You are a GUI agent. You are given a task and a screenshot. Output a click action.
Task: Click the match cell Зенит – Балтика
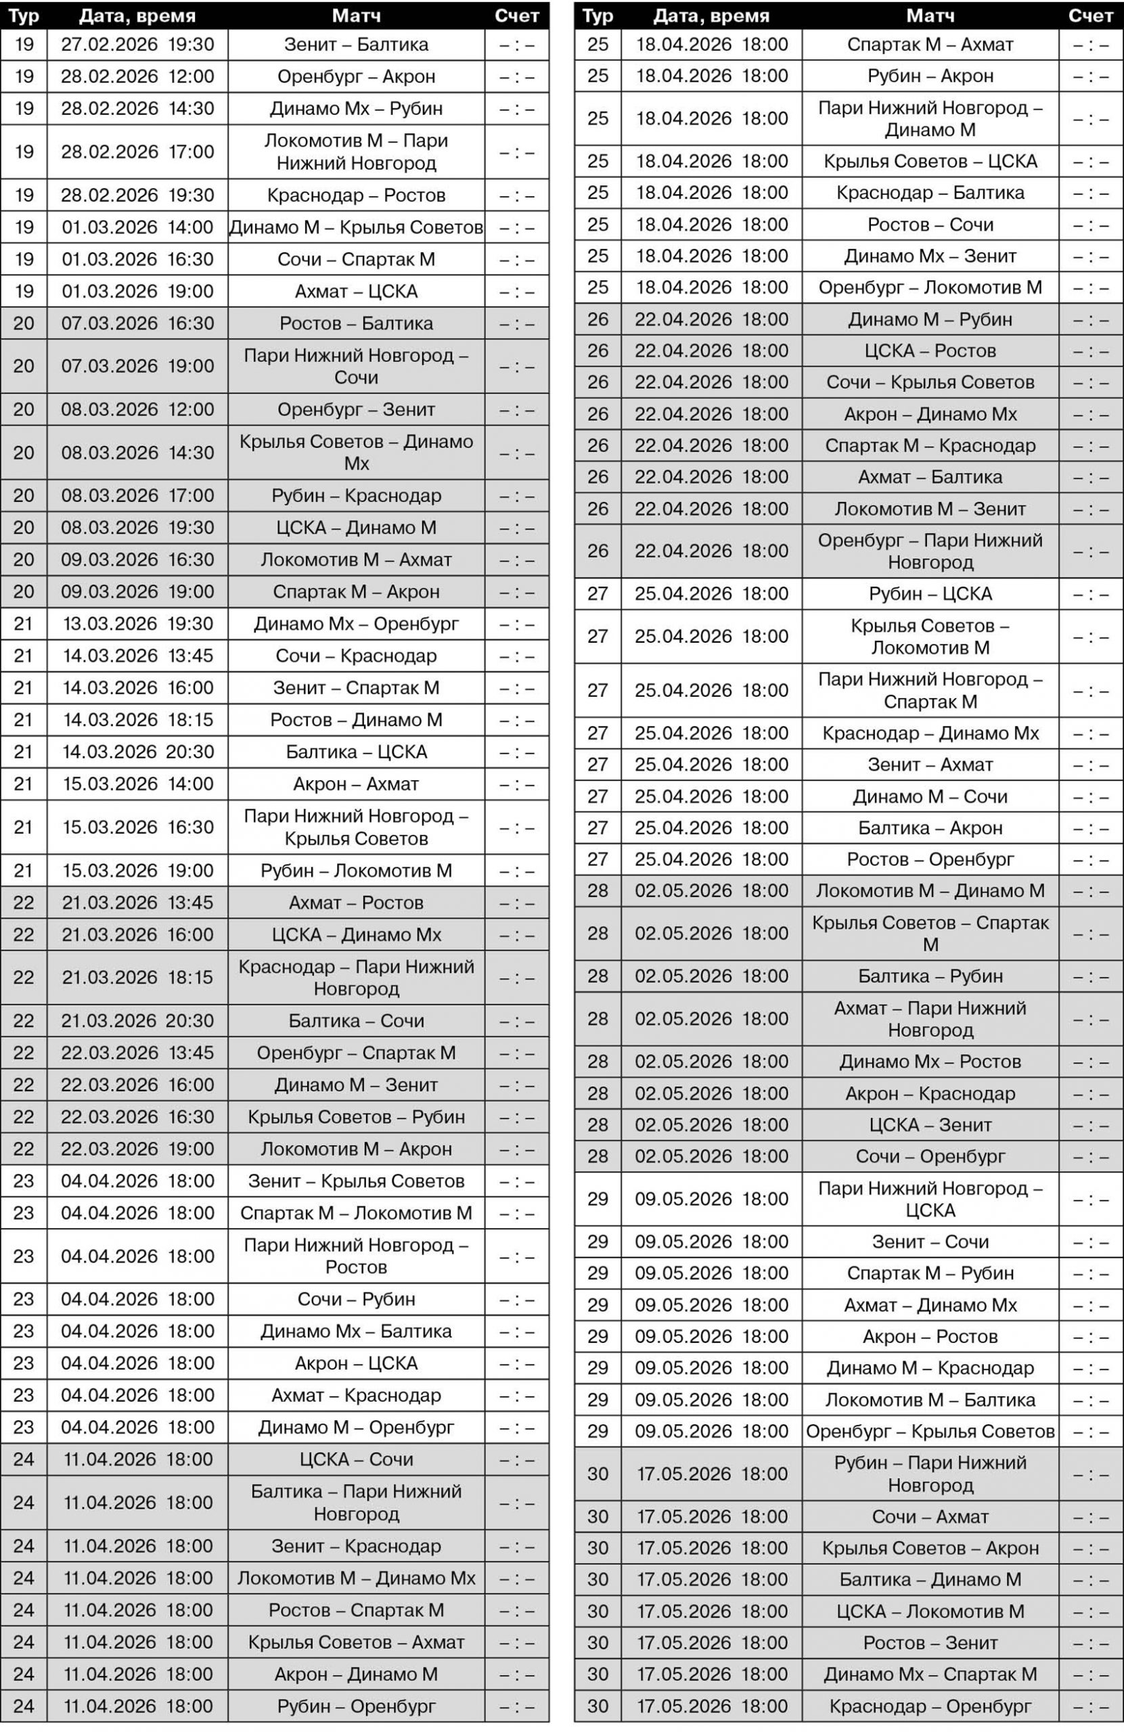[356, 45]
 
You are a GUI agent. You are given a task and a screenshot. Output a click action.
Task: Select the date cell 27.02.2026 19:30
[137, 45]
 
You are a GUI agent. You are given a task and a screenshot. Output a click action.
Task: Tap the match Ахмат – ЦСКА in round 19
[356, 292]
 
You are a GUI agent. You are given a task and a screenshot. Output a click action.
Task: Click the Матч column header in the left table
[356, 16]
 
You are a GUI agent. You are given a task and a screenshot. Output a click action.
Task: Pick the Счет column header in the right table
[1089, 16]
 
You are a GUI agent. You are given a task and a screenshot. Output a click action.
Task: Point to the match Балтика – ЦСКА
[356, 752]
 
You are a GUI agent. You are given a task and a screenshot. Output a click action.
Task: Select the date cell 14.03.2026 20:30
[137, 752]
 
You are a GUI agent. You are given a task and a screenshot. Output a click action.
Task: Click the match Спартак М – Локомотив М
[356, 1213]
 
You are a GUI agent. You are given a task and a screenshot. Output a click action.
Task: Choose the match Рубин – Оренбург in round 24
[356, 1706]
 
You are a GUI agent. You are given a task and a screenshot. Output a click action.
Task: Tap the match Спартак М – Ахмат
[930, 45]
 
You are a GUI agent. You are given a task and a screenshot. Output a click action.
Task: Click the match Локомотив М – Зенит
[930, 509]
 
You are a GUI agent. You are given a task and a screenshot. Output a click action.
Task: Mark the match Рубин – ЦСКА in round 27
[930, 594]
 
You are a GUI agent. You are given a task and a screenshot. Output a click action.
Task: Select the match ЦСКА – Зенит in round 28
[930, 1125]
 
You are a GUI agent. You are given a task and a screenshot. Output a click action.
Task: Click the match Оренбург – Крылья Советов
[930, 1432]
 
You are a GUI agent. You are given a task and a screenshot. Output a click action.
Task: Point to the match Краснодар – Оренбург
[930, 1706]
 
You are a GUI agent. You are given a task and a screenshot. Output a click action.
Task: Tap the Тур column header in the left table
[24, 16]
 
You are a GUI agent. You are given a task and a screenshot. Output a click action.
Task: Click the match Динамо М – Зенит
[356, 1085]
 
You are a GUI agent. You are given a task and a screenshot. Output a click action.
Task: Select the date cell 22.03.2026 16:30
[137, 1117]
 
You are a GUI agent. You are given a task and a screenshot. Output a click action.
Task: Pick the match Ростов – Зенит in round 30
[930, 1643]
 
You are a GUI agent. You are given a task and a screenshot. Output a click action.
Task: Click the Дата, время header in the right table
[711, 16]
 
